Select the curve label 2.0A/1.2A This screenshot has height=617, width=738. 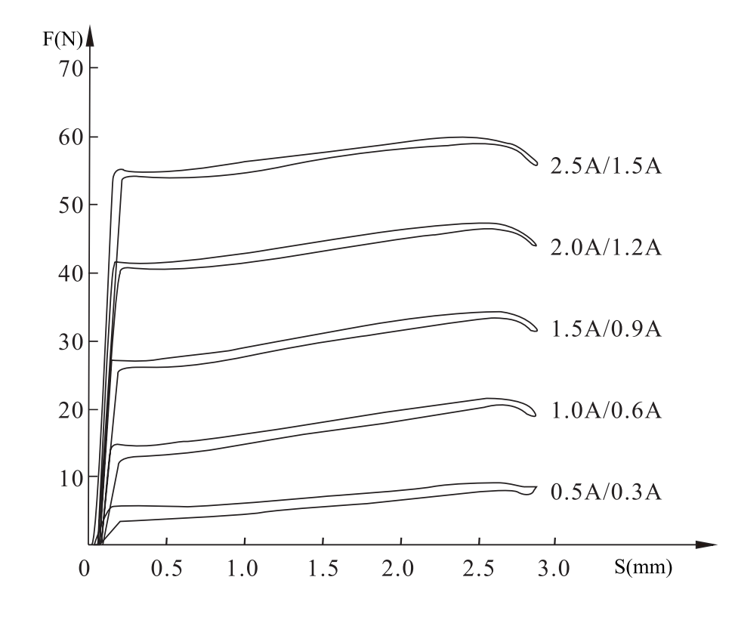click(606, 248)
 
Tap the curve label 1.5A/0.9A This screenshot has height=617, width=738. click(606, 330)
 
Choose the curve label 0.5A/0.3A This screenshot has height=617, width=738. click(606, 493)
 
